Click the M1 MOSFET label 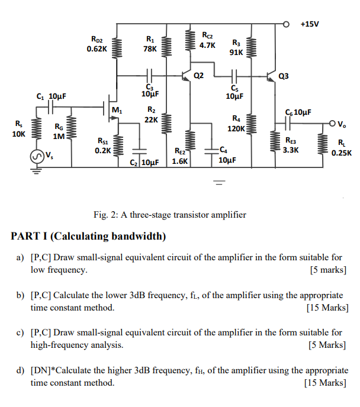tap(117, 109)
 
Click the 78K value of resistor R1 tap(150, 49)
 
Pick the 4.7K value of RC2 tap(207, 45)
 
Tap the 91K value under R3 tap(236, 52)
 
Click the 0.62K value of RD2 tap(97, 49)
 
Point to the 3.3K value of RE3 tap(291, 150)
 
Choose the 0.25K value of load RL tap(342, 152)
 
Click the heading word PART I tap(29, 236)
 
